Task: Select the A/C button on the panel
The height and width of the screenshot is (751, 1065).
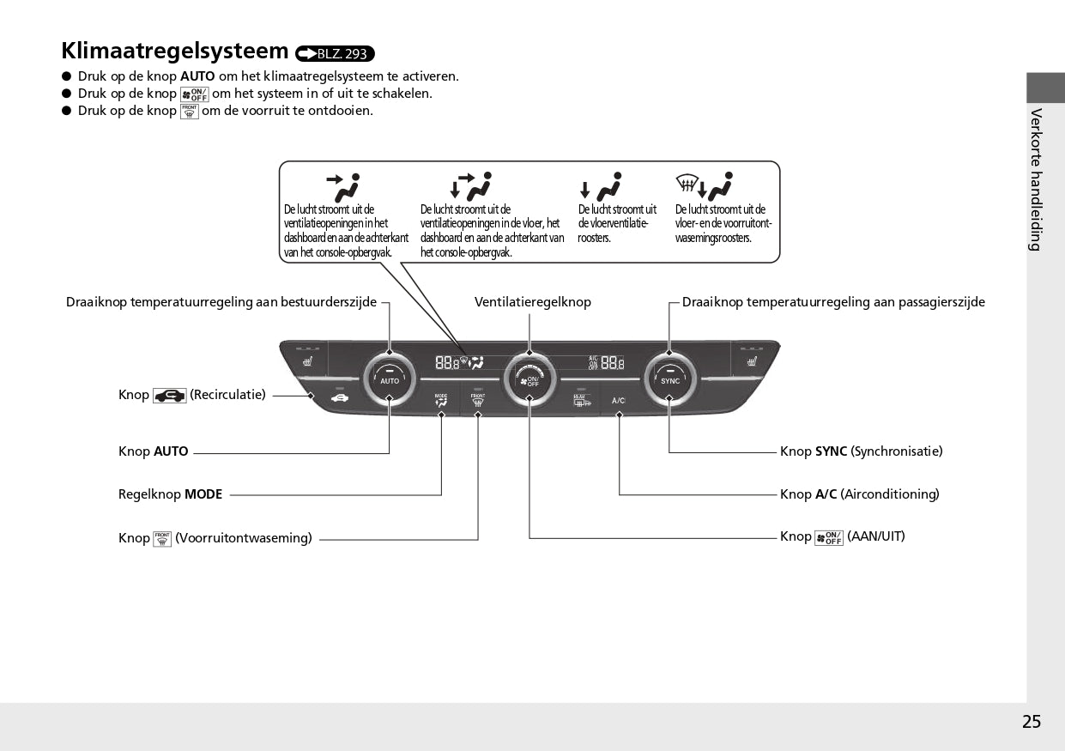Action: tap(619, 401)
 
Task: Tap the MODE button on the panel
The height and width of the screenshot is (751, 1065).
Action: tap(441, 400)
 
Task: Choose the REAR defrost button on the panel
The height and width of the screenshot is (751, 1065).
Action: tap(582, 400)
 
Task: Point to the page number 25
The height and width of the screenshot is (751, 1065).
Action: tap(1032, 722)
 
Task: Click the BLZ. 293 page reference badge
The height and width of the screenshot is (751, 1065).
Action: tap(335, 54)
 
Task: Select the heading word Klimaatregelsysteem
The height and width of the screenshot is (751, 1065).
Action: tap(175, 51)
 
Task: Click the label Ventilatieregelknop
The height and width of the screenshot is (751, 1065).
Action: tap(533, 302)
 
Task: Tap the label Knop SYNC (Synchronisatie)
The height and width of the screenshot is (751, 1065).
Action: tap(861, 451)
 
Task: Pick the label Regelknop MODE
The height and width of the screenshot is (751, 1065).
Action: tap(170, 494)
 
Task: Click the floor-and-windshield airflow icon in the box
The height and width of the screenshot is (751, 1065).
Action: tap(704, 185)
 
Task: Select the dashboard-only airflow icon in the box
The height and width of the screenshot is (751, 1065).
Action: tap(342, 185)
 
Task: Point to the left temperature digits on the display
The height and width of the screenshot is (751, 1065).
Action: tap(447, 362)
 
